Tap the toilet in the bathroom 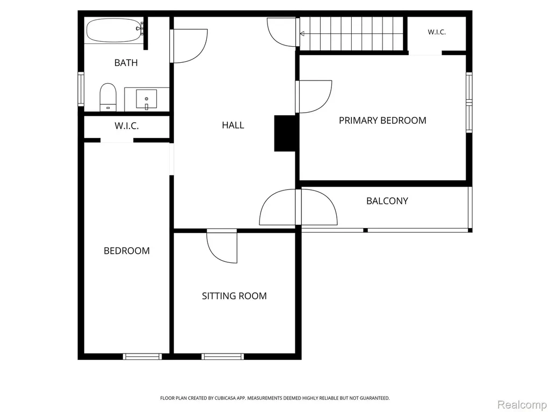(x=108, y=97)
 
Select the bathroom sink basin (x=146, y=99)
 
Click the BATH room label (x=126, y=63)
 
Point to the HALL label (x=233, y=125)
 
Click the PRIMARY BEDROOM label (x=382, y=121)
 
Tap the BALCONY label (x=387, y=201)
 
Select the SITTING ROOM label (x=234, y=296)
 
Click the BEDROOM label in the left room (x=127, y=251)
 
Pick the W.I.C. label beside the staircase (x=437, y=32)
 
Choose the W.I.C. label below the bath (x=127, y=126)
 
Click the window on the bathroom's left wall (x=81, y=89)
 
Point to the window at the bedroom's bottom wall (x=142, y=356)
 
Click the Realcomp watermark (x=522, y=404)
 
